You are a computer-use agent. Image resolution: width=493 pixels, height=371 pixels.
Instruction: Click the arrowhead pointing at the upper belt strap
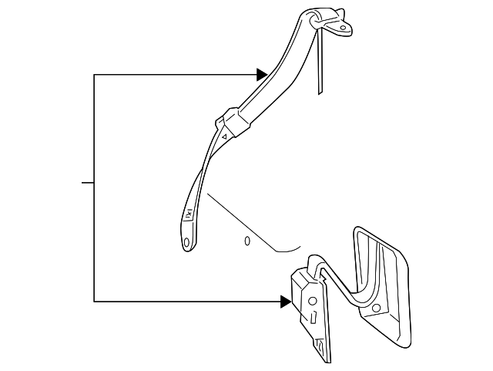point(262,75)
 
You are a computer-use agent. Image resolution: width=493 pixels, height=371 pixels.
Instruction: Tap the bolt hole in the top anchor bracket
point(339,29)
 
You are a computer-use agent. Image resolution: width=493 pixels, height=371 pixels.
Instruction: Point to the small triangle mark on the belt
point(223,137)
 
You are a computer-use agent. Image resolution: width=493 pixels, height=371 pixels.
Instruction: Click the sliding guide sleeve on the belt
point(233,123)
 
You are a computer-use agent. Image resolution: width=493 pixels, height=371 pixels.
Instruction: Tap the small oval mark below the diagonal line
point(247,241)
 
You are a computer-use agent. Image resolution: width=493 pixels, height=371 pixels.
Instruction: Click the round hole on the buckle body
point(312,302)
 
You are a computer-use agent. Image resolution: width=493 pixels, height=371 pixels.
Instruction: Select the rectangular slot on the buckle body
point(314,317)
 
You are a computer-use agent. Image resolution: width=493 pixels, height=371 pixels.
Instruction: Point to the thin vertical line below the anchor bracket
point(319,66)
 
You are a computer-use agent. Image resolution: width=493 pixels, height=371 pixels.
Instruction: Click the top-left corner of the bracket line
point(94,75)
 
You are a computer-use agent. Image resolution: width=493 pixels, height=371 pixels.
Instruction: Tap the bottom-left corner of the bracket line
point(94,301)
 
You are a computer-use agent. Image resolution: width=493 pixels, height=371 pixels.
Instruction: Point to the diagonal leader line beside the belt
point(239,219)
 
